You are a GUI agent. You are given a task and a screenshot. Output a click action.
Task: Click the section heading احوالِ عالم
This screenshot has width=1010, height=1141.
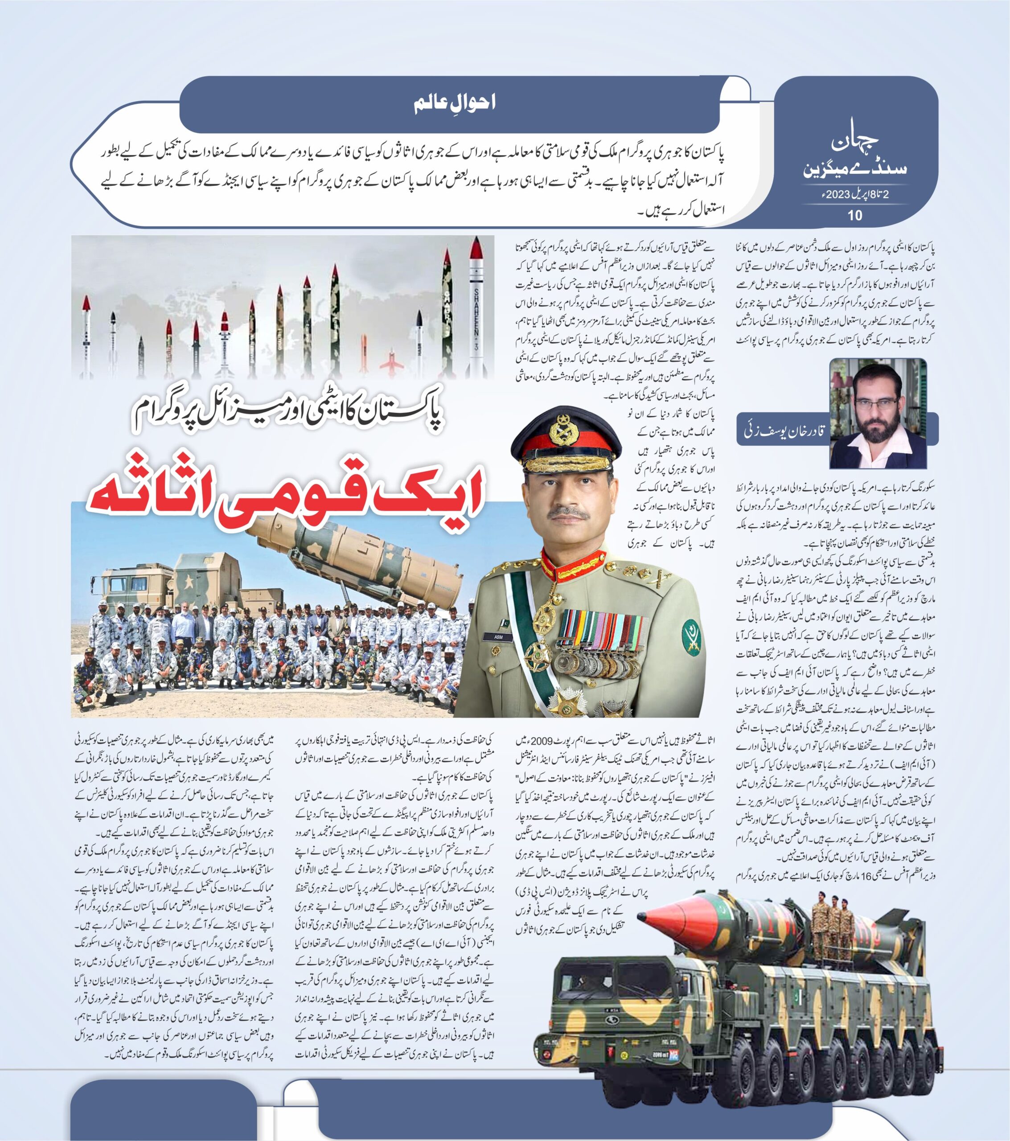click(x=455, y=103)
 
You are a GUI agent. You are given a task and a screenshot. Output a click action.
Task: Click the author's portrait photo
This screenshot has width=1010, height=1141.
click(x=878, y=414)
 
